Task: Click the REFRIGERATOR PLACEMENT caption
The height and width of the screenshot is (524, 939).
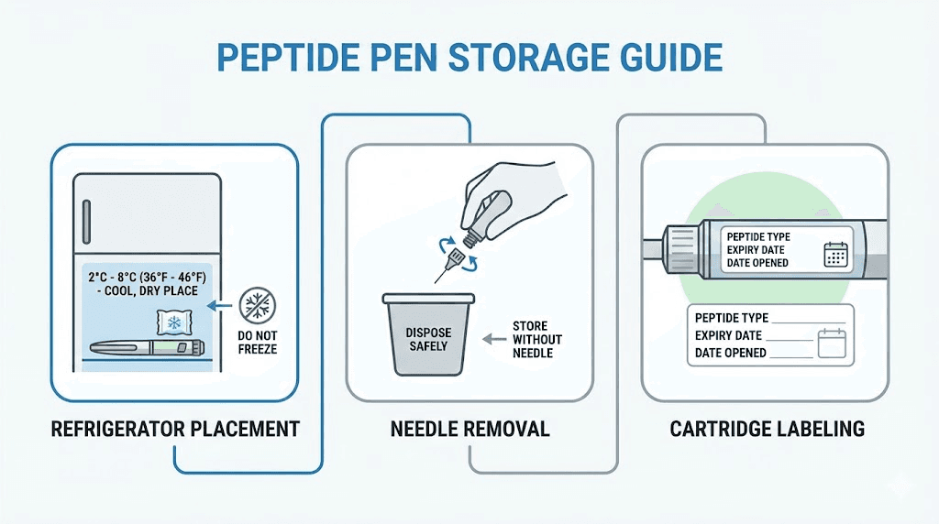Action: (175, 429)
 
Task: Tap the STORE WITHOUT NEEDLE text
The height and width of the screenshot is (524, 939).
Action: (537, 339)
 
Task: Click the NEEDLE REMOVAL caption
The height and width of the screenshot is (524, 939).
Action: (469, 429)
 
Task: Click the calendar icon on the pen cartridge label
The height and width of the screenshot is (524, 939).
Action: (835, 254)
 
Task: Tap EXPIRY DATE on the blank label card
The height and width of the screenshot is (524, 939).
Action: (729, 335)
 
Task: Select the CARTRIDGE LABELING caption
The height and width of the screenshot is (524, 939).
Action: (767, 429)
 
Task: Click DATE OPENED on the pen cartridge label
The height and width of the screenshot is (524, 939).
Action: (757, 263)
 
